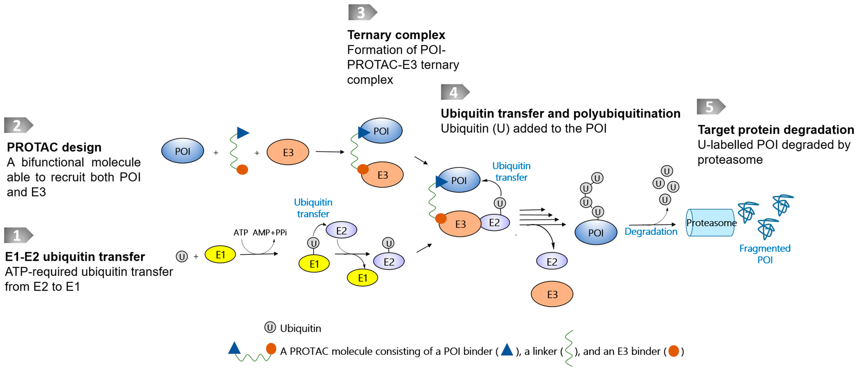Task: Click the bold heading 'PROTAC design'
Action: [x=54, y=147]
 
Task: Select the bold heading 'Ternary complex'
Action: [x=396, y=35]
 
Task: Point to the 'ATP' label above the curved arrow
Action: [x=241, y=233]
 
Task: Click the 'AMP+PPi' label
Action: [x=269, y=233]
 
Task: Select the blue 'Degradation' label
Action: [x=651, y=232]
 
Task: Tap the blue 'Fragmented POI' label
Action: [x=765, y=254]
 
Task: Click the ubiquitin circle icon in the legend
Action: [x=270, y=327]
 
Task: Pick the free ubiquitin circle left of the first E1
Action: [x=182, y=256]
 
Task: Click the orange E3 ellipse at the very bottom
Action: [x=552, y=294]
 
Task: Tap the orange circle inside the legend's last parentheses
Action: [x=673, y=351]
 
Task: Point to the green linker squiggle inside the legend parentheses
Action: [x=569, y=348]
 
